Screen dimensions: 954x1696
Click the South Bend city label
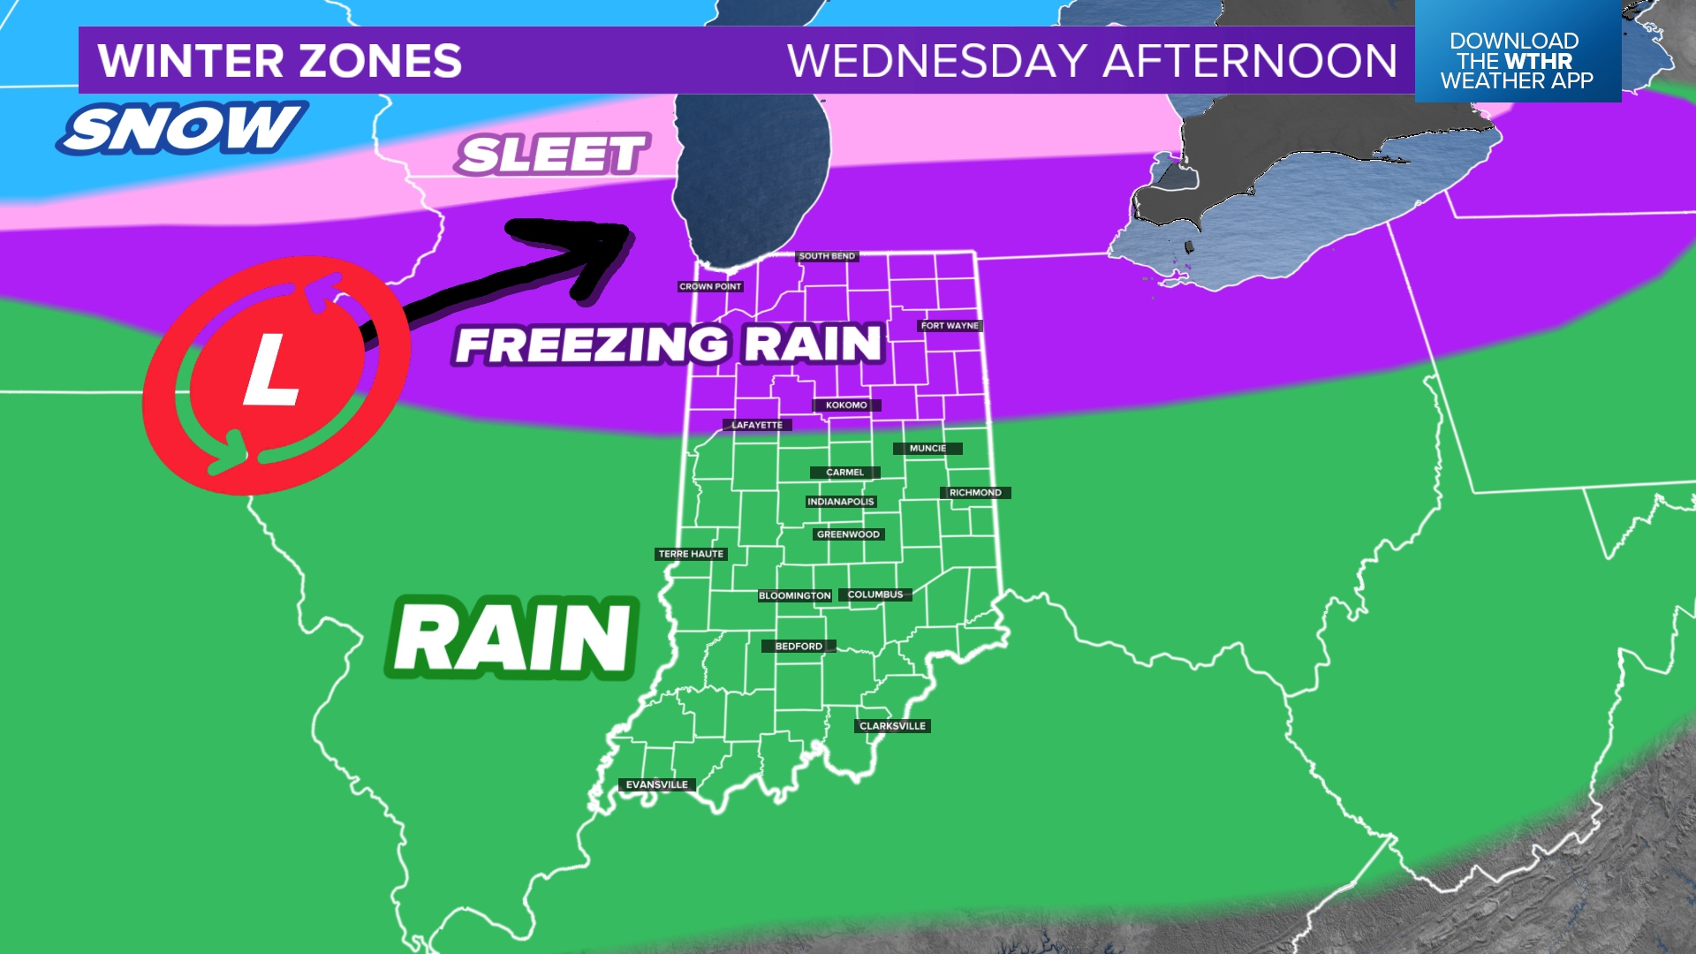(x=827, y=256)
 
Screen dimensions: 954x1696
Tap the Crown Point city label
(x=710, y=287)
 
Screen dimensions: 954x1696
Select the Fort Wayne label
(x=950, y=326)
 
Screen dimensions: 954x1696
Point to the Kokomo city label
(x=846, y=405)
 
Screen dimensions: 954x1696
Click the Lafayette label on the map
(x=757, y=426)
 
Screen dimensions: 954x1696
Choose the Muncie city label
(x=927, y=449)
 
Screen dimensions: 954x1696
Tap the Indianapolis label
(x=841, y=502)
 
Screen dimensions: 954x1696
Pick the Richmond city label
(x=975, y=493)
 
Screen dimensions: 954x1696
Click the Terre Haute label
(x=691, y=555)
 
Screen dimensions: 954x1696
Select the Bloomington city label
(x=795, y=596)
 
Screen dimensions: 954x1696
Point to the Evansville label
(x=657, y=785)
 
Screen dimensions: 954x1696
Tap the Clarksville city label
(x=893, y=727)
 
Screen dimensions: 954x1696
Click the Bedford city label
(x=799, y=647)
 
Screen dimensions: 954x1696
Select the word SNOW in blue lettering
(x=182, y=129)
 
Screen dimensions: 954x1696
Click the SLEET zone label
(x=553, y=155)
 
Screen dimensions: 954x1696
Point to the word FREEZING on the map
(x=592, y=345)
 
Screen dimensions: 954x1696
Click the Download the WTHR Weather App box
(x=1517, y=60)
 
